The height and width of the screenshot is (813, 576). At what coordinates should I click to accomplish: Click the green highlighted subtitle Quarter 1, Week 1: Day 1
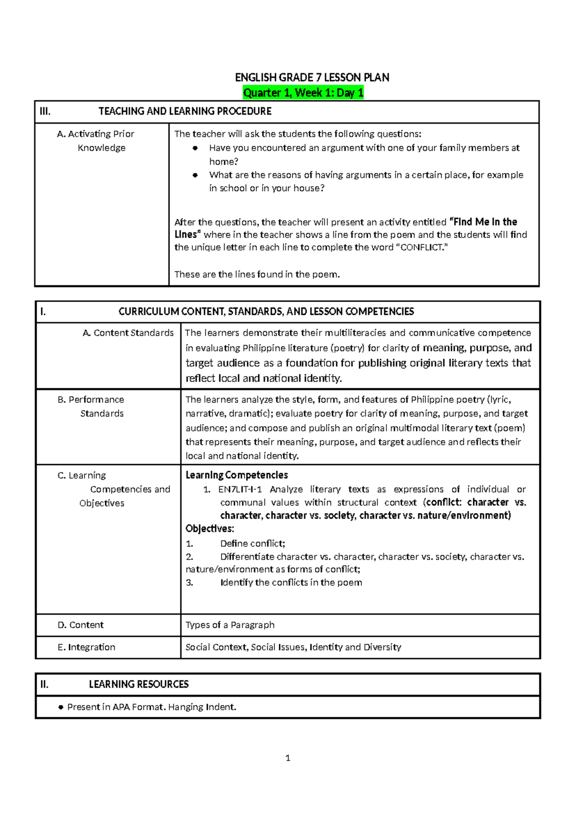[303, 93]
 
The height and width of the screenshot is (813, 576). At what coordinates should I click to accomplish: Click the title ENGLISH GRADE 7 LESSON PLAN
[312, 77]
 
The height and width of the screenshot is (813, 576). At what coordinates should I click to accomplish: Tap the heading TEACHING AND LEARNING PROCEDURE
[185, 111]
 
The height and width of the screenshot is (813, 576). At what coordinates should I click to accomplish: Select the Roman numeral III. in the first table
[45, 111]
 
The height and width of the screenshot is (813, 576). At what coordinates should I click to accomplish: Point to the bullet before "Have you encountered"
[195, 148]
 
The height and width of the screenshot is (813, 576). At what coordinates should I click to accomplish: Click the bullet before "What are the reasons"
[195, 175]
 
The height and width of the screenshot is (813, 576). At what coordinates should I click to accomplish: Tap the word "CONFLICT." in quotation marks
[421, 248]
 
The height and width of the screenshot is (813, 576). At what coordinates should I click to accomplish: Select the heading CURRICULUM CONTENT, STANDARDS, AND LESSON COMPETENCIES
[266, 311]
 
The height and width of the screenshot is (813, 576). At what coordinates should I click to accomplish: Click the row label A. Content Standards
[128, 333]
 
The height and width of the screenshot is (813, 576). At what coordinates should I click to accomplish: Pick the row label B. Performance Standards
[91, 406]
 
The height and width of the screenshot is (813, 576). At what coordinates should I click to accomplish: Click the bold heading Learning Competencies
[237, 475]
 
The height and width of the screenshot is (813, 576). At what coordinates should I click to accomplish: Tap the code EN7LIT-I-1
[240, 489]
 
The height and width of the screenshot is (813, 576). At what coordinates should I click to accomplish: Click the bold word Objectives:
[210, 528]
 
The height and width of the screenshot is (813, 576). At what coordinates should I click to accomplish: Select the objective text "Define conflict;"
[252, 543]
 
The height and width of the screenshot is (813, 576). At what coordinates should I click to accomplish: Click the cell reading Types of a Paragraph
[230, 625]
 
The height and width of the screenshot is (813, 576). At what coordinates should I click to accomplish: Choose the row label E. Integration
[86, 647]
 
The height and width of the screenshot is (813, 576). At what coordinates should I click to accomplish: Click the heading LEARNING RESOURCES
[139, 684]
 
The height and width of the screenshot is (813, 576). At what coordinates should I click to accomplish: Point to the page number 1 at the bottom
[288, 758]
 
